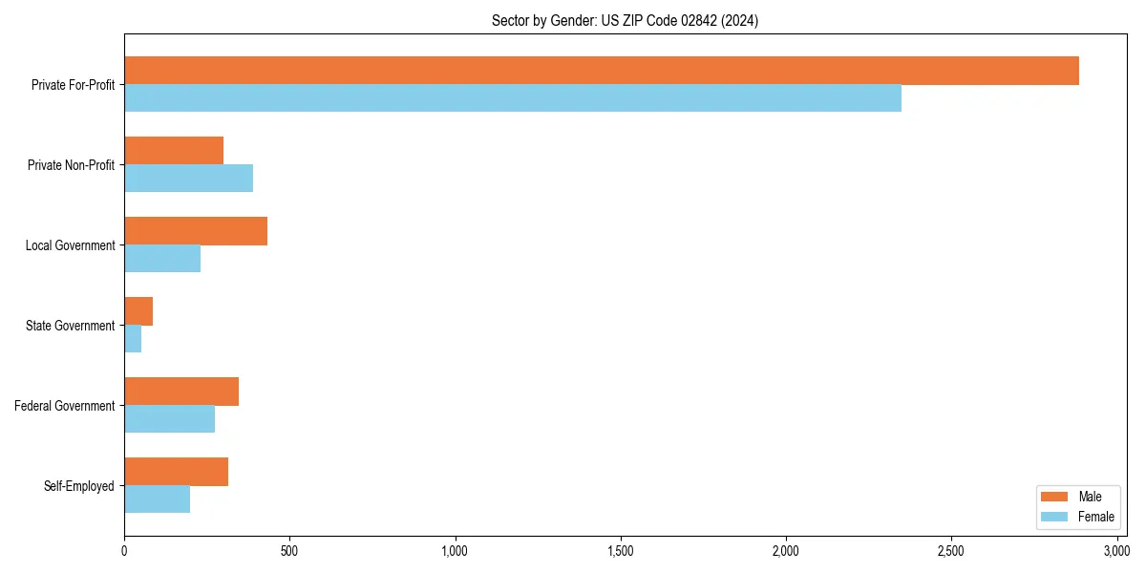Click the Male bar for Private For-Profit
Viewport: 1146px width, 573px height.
point(602,71)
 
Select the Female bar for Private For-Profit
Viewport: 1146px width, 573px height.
point(513,98)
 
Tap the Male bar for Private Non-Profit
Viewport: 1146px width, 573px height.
point(174,151)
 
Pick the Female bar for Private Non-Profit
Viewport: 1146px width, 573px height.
point(188,179)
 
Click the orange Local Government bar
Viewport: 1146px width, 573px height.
point(196,231)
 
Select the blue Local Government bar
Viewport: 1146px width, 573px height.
point(162,259)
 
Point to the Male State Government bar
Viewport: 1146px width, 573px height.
point(138,311)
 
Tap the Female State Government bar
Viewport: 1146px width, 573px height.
point(133,339)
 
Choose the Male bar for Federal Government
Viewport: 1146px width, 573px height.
point(181,392)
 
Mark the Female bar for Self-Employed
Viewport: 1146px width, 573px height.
point(157,499)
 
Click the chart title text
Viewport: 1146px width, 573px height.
point(625,21)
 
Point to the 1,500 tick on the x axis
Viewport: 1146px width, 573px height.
point(620,551)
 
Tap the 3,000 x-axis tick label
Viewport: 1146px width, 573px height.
point(1116,551)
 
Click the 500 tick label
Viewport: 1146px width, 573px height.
point(289,551)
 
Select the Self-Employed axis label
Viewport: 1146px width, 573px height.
point(78,486)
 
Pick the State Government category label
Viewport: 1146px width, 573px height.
point(70,326)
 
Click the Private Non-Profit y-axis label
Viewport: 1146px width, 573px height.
point(71,165)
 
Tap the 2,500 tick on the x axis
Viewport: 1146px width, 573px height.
point(950,551)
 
